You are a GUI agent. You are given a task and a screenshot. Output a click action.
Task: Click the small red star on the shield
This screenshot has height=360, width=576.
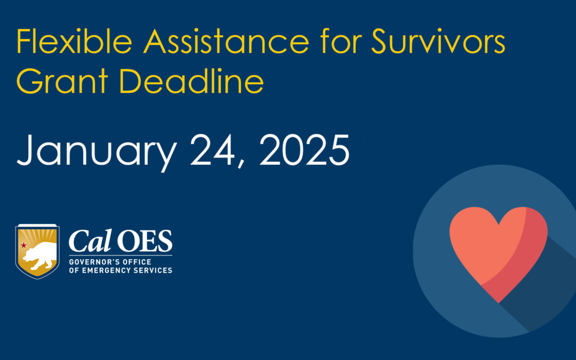pos(23,245)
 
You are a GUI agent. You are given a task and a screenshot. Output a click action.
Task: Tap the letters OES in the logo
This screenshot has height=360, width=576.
pos(145,243)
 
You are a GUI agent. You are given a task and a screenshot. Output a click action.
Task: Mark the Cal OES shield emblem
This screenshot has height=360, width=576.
pos(37,251)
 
